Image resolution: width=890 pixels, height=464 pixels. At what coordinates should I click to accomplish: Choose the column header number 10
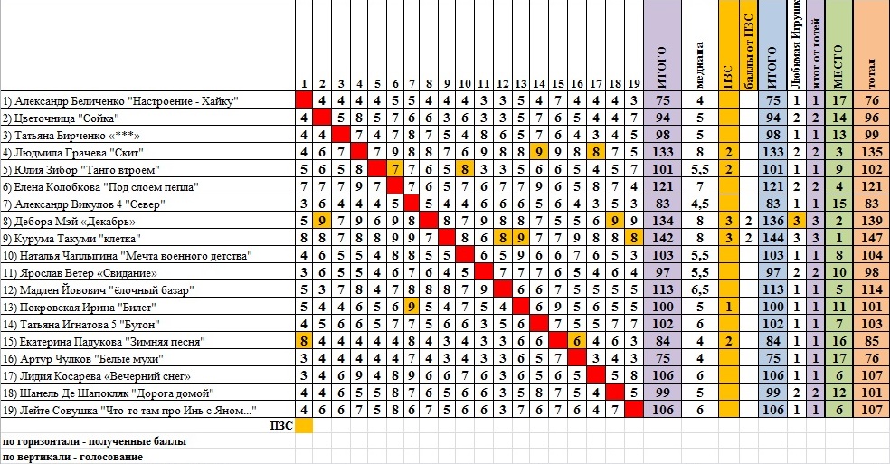(464, 84)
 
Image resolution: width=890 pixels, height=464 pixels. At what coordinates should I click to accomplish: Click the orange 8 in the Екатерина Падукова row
(304, 341)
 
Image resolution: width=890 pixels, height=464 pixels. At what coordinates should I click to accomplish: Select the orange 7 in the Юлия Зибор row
(394, 169)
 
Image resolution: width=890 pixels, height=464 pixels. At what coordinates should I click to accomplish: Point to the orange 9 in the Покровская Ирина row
(412, 307)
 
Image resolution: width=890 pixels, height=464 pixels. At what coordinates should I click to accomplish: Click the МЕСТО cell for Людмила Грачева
(838, 152)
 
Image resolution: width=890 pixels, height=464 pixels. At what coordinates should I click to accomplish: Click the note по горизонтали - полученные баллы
(94, 442)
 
